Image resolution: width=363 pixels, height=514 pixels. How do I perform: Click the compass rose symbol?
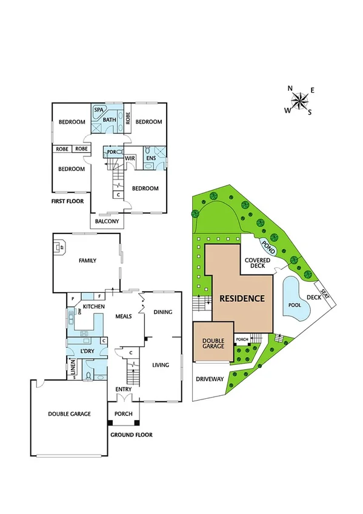(300, 101)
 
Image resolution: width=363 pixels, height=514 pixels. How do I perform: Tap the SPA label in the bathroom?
(99, 110)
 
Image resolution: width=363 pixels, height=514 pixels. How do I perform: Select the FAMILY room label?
(87, 261)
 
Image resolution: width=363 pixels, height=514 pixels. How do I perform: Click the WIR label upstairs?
(130, 158)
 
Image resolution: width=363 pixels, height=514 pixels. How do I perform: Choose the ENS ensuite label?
(150, 159)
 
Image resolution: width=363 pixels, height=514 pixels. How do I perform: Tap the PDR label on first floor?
(111, 152)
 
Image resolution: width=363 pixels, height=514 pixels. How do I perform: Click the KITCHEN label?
(94, 307)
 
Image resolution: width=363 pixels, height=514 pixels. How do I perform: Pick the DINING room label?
(163, 312)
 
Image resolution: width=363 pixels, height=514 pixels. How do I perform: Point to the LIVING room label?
(161, 364)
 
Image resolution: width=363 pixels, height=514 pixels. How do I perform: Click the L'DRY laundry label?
(88, 352)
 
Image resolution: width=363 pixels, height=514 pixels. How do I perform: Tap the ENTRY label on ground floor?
(124, 389)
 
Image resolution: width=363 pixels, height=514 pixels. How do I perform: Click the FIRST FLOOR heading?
(67, 201)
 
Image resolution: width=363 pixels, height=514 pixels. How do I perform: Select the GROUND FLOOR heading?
(131, 435)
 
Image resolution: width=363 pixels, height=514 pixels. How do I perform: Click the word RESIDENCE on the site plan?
(242, 298)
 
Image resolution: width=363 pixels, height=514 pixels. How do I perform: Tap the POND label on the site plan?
(267, 245)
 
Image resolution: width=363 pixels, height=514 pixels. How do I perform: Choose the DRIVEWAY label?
(210, 379)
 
